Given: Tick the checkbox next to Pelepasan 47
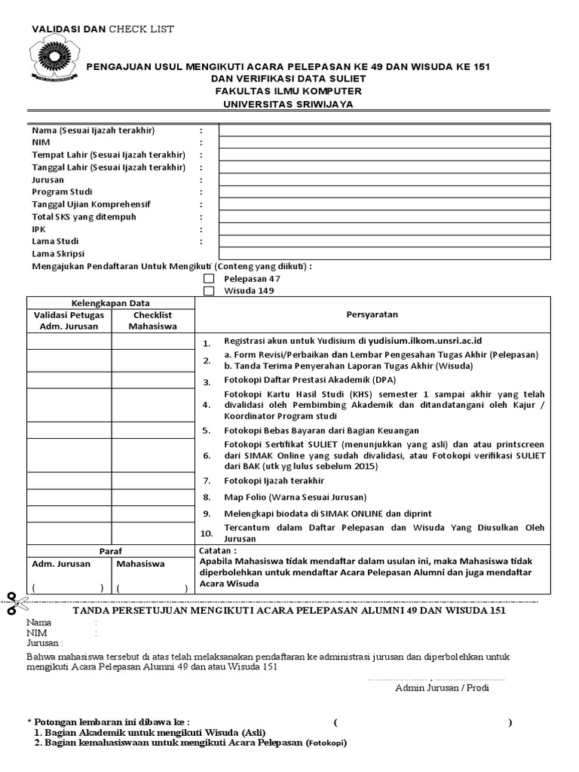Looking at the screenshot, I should click(209, 278).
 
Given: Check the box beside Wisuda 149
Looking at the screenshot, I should click(209, 290).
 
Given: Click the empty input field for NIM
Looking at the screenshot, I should click(384, 142).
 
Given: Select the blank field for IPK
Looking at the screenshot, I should click(384, 228).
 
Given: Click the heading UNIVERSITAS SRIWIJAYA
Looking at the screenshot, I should click(287, 104).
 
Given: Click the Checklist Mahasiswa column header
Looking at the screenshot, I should click(153, 320).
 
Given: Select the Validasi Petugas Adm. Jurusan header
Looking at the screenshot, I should click(69, 320).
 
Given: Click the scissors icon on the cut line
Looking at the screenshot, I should click(14, 603).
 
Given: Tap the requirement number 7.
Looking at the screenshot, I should click(207, 481).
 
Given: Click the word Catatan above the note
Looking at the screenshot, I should click(218, 551).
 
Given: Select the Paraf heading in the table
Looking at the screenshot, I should click(110, 551).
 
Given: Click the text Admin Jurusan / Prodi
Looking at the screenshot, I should click(440, 688).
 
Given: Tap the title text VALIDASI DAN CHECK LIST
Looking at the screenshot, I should click(103, 29).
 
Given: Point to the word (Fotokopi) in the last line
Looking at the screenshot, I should click(326, 743).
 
